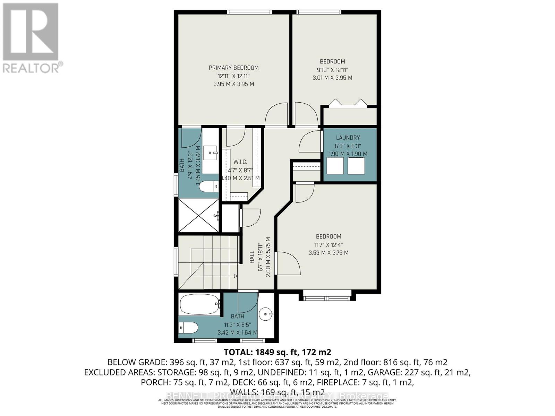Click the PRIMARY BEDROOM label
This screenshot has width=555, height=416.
pos(233,68)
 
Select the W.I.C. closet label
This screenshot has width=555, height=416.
pos(240,162)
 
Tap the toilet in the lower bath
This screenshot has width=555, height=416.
pos(188,327)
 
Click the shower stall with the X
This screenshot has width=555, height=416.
pos(198,215)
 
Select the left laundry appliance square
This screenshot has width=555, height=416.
pos(335,166)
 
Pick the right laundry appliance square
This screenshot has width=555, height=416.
pos(356,166)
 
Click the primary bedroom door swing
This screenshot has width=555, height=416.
pos(276,114)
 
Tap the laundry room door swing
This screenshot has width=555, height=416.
pos(310,141)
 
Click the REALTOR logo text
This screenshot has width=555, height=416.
pos(33,67)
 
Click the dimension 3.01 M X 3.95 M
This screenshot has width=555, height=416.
pos(332,78)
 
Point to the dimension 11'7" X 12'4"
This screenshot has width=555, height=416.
pos(328,244)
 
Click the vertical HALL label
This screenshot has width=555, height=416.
pos(252,257)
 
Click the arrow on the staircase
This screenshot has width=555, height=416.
pos(236,276)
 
